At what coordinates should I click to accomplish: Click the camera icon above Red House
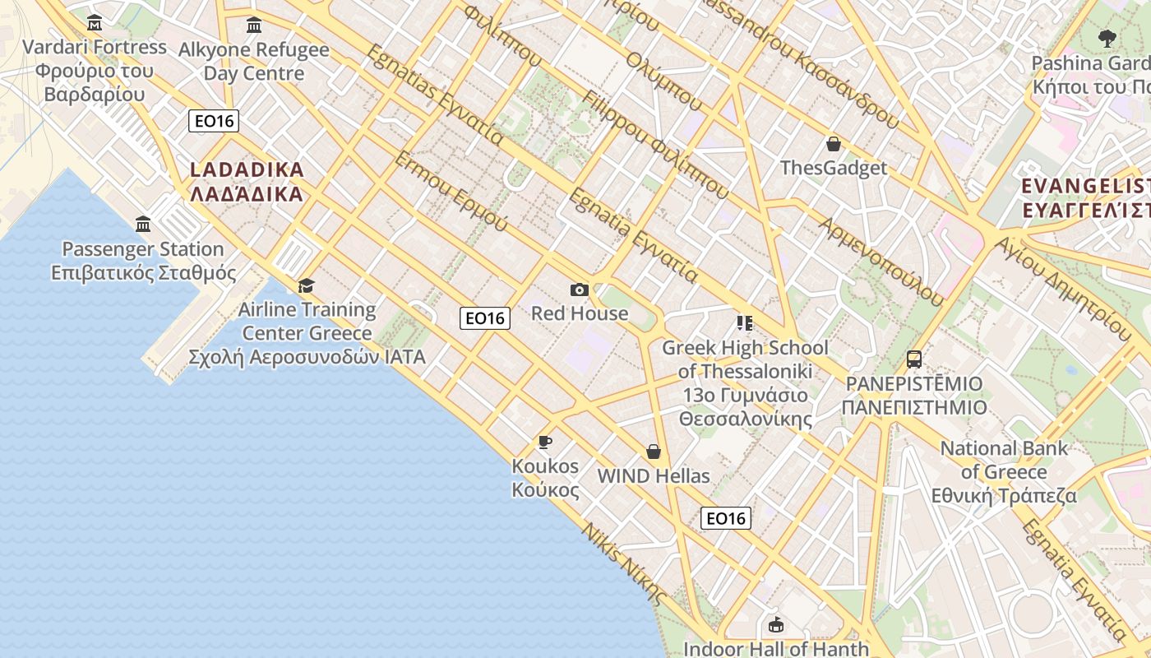(580, 290)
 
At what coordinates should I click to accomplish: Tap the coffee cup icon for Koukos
(544, 443)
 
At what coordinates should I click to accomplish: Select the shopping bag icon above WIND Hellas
(654, 452)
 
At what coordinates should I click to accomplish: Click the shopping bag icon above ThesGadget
(834, 144)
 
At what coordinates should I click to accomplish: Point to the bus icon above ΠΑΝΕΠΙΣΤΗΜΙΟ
(914, 359)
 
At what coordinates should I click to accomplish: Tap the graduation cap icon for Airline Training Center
(307, 285)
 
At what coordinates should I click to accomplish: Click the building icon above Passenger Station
(144, 224)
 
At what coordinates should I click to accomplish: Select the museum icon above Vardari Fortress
(95, 22)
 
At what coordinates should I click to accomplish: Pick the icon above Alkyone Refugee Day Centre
(254, 25)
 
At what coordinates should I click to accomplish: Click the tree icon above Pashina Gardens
(1107, 38)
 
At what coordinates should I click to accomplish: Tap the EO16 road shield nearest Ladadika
(214, 121)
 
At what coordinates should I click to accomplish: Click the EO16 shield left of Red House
(485, 317)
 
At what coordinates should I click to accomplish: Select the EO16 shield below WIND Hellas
(726, 518)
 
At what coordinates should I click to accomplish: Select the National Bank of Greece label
(1004, 472)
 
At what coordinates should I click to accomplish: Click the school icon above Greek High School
(745, 322)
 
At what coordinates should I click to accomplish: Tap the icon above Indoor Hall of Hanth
(775, 625)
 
